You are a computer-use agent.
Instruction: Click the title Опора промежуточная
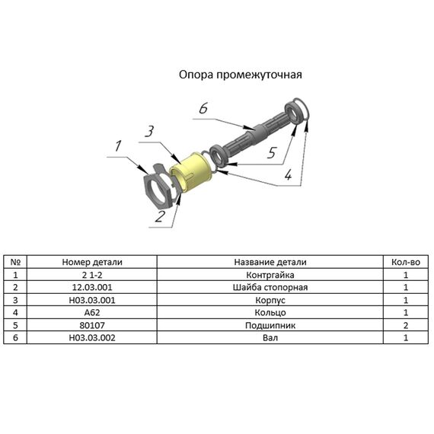(x=241, y=75)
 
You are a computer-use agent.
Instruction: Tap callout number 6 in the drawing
(x=203, y=108)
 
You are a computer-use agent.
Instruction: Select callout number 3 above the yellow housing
(x=150, y=131)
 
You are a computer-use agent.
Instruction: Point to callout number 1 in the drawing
(x=118, y=146)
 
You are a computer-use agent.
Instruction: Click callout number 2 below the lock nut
(x=160, y=216)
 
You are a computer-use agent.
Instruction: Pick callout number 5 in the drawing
(x=272, y=152)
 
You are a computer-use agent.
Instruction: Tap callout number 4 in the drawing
(x=288, y=174)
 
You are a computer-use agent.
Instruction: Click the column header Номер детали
(x=92, y=262)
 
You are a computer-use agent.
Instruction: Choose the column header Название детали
(x=270, y=262)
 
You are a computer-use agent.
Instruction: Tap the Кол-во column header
(x=406, y=262)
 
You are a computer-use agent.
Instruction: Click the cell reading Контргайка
(x=270, y=275)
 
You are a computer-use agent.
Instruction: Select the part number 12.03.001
(x=92, y=287)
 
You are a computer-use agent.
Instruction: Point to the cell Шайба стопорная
(x=270, y=287)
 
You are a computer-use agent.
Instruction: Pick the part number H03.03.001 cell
(x=92, y=300)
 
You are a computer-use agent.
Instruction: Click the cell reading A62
(x=92, y=312)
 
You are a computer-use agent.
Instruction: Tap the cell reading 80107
(x=92, y=325)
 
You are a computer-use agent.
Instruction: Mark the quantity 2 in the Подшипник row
(x=406, y=325)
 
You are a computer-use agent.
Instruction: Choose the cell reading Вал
(x=270, y=337)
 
